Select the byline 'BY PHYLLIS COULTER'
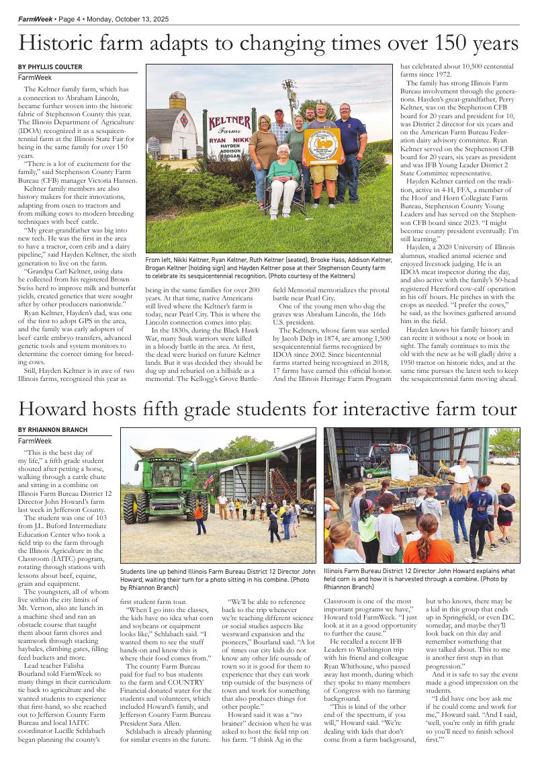(x=50, y=67)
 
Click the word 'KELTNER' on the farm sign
(x=230, y=122)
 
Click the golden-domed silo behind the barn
(x=177, y=100)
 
